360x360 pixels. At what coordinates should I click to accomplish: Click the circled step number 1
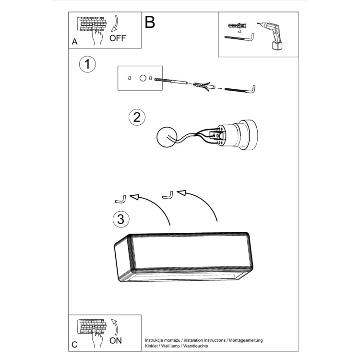click(x=87, y=64)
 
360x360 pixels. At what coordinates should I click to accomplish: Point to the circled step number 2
click(x=137, y=117)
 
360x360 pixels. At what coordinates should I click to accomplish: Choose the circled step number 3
click(x=121, y=219)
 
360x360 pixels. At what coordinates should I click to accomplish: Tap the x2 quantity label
click(x=239, y=30)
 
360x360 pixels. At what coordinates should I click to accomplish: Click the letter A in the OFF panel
click(x=74, y=42)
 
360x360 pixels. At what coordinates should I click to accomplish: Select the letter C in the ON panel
click(x=74, y=344)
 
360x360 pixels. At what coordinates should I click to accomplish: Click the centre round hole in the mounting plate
click(x=142, y=78)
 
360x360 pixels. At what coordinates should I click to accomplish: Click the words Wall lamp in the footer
click(x=171, y=346)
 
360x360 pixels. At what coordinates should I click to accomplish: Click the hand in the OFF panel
click(x=98, y=38)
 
